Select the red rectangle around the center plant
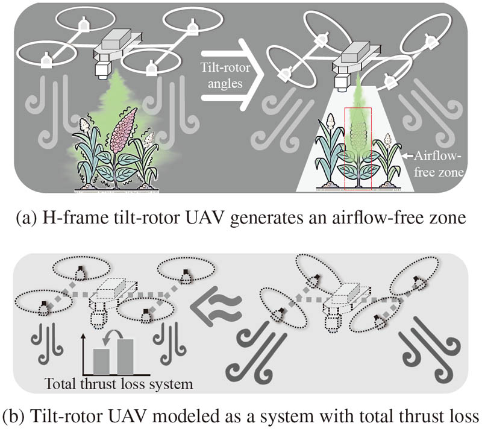[358, 148]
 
